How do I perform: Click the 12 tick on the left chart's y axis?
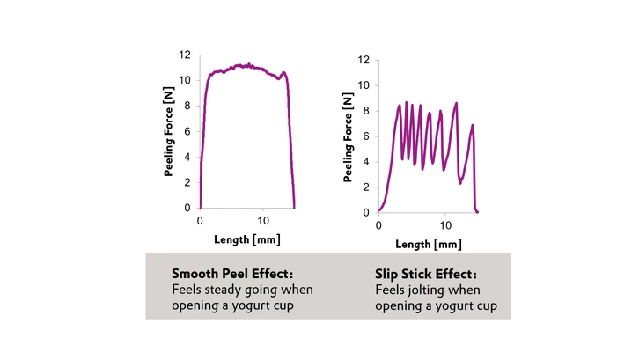pos(185,55)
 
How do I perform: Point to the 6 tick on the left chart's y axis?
pos(188,131)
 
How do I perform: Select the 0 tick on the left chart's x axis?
pos(201,220)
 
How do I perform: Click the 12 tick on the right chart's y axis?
pos(363,60)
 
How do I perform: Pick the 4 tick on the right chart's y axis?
pos(366,161)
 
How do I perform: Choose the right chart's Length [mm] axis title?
pos(427,244)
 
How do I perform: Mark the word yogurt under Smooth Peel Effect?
pos(253,305)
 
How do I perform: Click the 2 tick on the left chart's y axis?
pos(188,182)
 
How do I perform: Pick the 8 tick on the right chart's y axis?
pos(366,111)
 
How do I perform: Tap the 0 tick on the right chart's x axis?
pos(378,224)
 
